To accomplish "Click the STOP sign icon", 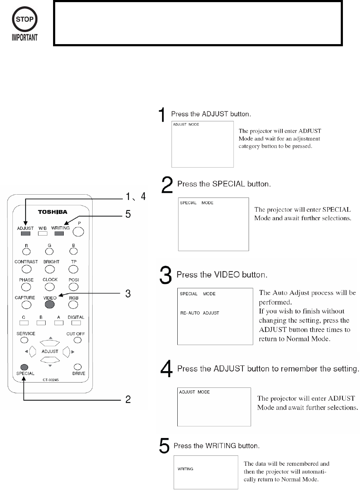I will [25, 20].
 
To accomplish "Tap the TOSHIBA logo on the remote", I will [53, 212].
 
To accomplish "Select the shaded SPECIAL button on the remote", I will [24, 367].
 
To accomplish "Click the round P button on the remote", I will [78, 232].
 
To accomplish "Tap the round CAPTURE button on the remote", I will [26, 305].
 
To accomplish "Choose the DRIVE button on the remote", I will [78, 367].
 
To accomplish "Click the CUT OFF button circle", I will [77, 340].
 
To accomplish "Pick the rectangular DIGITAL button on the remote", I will [76, 323].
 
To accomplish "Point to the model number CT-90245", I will [51, 380].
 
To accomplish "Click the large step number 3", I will [166, 276].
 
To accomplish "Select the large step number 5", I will [164, 446].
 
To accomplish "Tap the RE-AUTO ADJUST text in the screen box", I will [199, 313].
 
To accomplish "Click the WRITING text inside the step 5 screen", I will [186, 469].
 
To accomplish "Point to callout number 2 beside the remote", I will [128, 400].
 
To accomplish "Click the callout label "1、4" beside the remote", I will [135, 196].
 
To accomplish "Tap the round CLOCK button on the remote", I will [50, 287].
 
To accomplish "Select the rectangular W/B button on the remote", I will [43, 234].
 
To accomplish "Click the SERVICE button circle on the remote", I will [24, 340].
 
